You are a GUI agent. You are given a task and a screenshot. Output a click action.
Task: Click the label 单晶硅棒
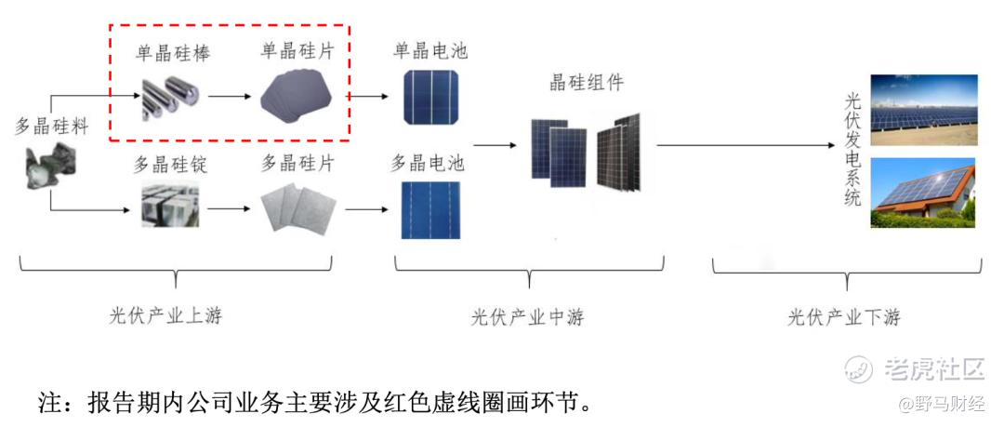[x=172, y=53]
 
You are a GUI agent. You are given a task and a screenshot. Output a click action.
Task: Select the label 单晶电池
[x=430, y=50]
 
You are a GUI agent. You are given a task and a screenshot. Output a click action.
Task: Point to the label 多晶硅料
[x=51, y=127]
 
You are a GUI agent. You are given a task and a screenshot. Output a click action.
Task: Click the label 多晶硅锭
[x=170, y=166]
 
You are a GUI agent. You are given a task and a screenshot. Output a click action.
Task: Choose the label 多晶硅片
[x=297, y=165]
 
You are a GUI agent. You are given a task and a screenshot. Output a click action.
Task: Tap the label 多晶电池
[x=429, y=165]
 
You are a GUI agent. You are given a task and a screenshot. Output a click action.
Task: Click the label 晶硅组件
[x=587, y=82]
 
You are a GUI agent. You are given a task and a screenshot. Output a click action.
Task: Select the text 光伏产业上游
[x=165, y=315]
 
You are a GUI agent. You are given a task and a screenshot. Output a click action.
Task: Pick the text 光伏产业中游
[x=527, y=316]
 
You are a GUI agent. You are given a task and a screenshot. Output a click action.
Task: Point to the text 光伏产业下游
[x=844, y=316]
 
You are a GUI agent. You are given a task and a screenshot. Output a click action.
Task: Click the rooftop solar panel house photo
[x=923, y=194]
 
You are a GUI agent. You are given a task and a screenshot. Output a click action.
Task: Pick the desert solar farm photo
[x=923, y=110]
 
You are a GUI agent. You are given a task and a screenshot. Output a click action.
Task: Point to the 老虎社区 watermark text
[x=933, y=368]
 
